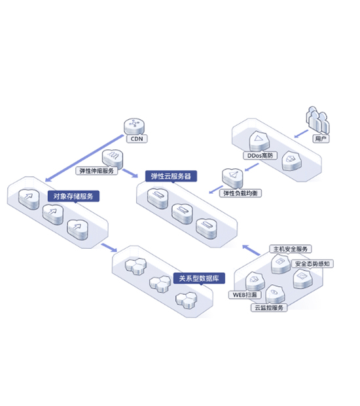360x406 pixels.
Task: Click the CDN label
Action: [137, 139]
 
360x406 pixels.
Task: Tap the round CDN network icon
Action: [134, 126]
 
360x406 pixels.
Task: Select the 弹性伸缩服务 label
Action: [96, 171]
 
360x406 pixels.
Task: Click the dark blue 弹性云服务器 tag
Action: [171, 176]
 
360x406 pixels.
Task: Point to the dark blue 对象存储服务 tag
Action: [73, 196]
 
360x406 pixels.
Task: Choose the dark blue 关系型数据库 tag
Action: [199, 278]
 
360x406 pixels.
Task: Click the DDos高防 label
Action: [260, 156]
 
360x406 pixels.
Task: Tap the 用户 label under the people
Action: [321, 139]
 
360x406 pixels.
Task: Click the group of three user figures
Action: [317, 120]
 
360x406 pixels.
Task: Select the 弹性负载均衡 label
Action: [240, 193]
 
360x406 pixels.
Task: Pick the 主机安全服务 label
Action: [291, 249]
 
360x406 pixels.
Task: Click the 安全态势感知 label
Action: [312, 264]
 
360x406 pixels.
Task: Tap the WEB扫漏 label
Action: [245, 295]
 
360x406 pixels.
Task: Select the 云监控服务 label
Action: [269, 308]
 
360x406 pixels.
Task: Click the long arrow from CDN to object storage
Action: [84, 158]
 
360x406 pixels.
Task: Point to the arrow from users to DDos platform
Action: [301, 134]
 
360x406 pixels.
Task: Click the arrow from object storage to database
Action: [109, 248]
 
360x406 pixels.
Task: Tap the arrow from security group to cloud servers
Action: [251, 250]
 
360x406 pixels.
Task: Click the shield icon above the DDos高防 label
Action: [259, 141]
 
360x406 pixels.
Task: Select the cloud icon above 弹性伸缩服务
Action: [113, 158]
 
